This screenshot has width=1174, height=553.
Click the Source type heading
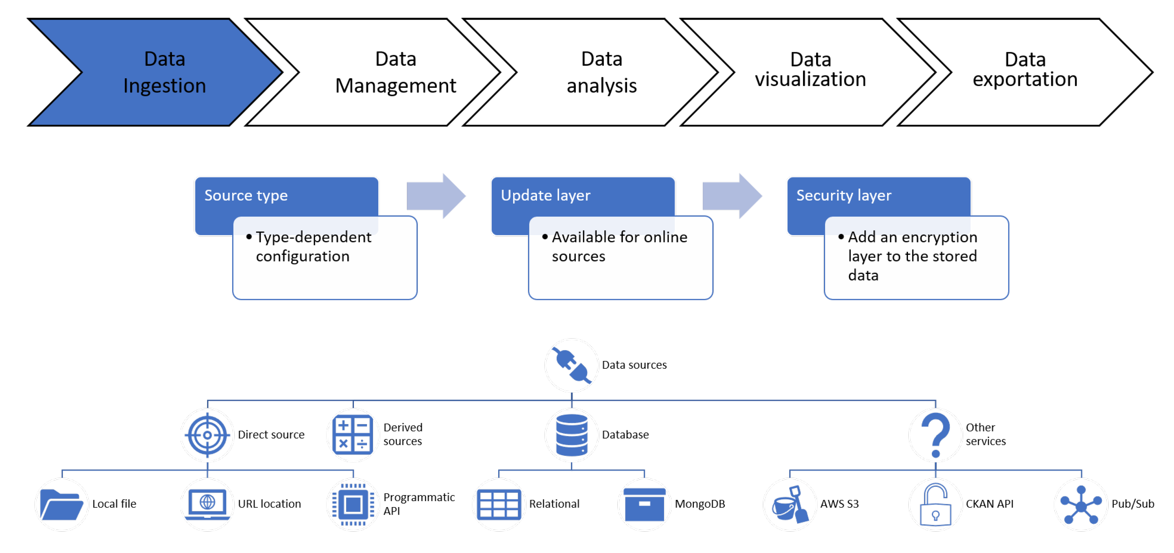click(246, 195)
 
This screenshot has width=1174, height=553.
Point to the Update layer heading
click(545, 195)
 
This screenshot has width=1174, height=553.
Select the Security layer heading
click(843, 195)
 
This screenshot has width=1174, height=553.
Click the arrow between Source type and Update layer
click(436, 196)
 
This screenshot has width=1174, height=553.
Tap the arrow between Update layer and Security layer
click(732, 196)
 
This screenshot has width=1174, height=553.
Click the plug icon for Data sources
click(571, 365)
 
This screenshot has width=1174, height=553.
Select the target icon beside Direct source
click(207, 435)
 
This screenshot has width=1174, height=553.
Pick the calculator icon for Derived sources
click(353, 435)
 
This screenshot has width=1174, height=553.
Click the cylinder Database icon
click(572, 435)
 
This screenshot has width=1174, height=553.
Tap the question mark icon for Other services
click(935, 435)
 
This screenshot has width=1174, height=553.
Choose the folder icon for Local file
click(62, 504)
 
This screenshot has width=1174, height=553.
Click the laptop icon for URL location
click(207, 504)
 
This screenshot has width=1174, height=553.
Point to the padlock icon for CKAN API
click(935, 505)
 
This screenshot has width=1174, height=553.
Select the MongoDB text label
click(700, 504)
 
